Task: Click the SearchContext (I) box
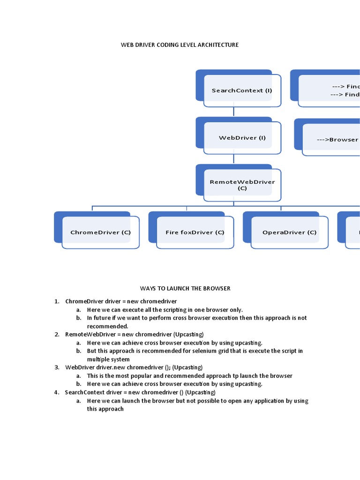pyautogui.click(x=241, y=90)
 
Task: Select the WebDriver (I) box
pyautogui.click(x=242, y=138)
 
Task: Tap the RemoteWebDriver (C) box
pyautogui.click(x=242, y=185)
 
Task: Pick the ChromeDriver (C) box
pyautogui.click(x=100, y=232)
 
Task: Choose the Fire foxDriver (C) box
pyautogui.click(x=195, y=232)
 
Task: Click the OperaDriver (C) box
pyautogui.click(x=289, y=232)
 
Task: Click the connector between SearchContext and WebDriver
pyautogui.click(x=233, y=112)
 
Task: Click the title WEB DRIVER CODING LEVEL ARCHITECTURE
pyautogui.click(x=180, y=45)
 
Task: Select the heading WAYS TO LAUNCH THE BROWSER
pyautogui.click(x=185, y=288)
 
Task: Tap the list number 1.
pyautogui.click(x=56, y=301)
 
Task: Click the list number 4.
pyautogui.click(x=56, y=392)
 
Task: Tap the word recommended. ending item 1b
pyautogui.click(x=107, y=326)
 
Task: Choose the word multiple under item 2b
pyautogui.click(x=98, y=360)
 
